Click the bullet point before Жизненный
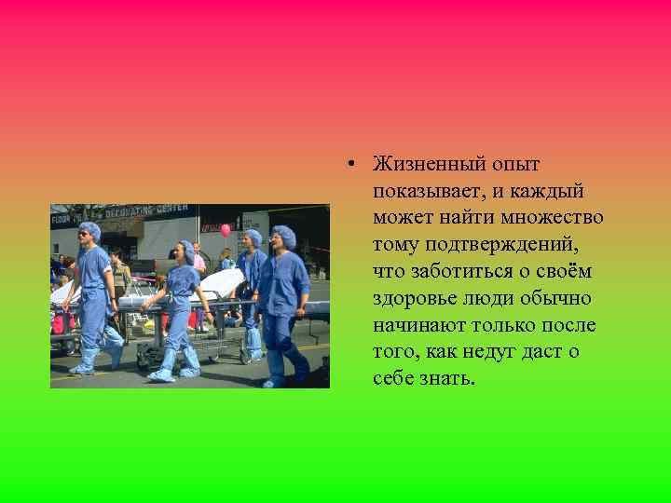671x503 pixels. pos(346,165)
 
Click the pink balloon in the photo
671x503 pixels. pos(226,229)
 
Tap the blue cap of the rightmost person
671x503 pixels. pos(284,235)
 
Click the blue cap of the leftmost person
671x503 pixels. pos(90,227)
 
